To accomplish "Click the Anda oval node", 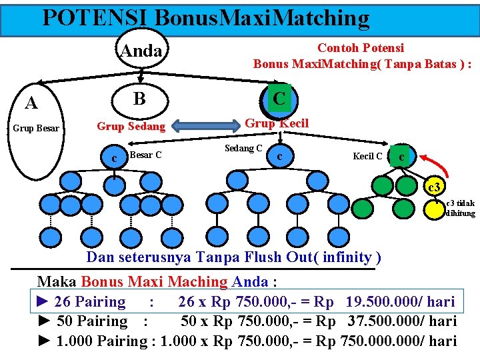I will [141, 50].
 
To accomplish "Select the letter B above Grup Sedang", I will [139, 99].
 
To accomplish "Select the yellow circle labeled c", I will [401, 157].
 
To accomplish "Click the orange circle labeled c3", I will [432, 185].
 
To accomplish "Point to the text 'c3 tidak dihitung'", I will [460, 208].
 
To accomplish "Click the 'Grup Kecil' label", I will [277, 123].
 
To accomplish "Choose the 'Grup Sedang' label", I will [131, 126].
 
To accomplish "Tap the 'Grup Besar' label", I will [35, 129].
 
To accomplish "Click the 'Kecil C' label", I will [367, 157].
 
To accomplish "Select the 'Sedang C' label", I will [243, 148].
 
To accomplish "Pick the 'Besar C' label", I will [145, 155].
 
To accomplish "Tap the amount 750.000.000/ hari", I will [398, 341].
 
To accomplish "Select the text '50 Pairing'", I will [92, 321].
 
